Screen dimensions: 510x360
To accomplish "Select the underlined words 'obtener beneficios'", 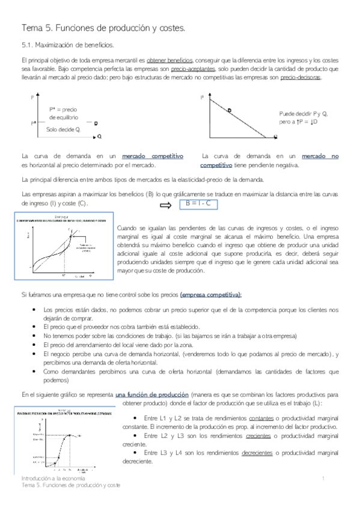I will [169, 61].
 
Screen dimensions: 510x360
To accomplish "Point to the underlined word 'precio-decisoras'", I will [301, 78].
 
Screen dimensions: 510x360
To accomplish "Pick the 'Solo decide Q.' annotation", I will [63, 129].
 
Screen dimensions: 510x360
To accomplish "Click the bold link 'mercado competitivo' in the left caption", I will [152, 156].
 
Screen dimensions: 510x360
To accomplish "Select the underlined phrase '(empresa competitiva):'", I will [207, 295].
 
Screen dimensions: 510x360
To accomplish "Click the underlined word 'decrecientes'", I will [262, 454].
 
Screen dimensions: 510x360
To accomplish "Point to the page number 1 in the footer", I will [323, 478].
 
